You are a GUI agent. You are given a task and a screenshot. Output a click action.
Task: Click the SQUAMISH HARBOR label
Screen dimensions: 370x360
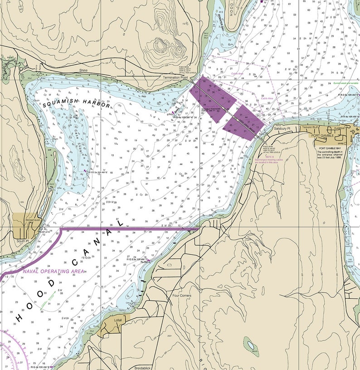coord(77,103)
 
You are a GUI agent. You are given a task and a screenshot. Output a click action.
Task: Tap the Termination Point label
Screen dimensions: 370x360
coord(175,78)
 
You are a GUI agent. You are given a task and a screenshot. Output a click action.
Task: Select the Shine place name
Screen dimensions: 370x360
coord(83,70)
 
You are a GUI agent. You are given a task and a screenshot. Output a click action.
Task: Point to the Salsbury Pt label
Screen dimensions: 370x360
coord(285,129)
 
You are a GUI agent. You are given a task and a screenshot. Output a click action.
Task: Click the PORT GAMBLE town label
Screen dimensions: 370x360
coord(322,136)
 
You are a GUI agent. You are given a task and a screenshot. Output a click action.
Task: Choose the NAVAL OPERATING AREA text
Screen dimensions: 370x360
coord(54,271)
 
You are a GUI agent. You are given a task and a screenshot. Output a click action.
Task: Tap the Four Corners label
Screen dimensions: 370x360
coord(182,296)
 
